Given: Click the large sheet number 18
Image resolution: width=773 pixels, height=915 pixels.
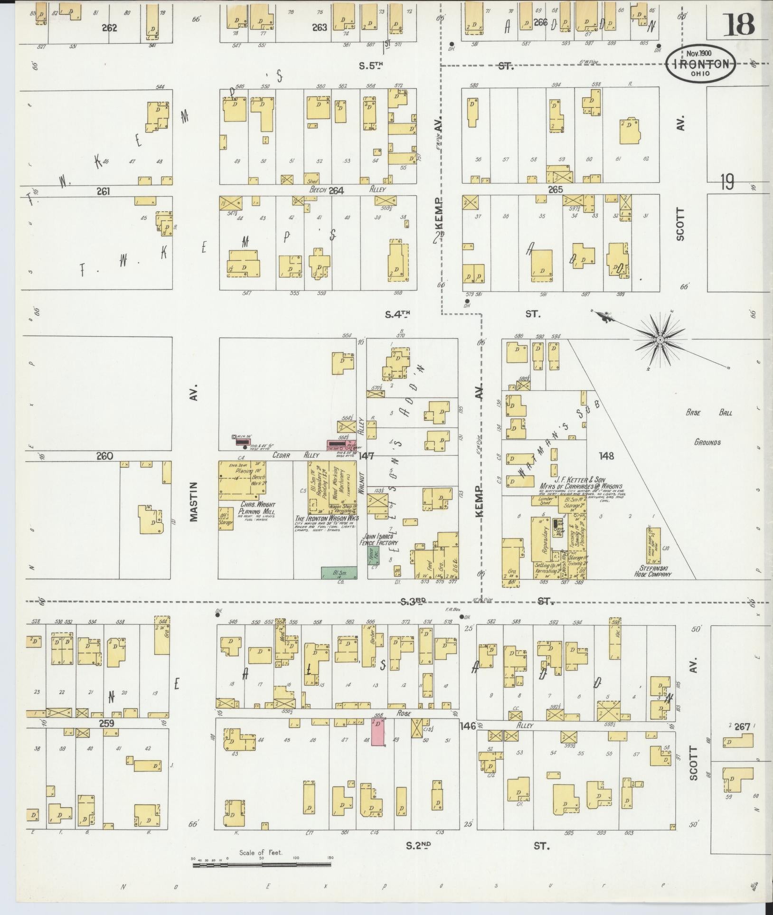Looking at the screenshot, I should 738,25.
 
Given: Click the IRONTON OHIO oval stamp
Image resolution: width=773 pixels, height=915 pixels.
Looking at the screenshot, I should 700,64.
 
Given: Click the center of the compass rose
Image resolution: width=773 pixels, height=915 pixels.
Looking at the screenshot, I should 660,340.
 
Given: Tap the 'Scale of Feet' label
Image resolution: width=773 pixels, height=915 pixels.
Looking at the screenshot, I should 261,852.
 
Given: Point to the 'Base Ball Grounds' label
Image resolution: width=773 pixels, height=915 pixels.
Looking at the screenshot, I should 708,427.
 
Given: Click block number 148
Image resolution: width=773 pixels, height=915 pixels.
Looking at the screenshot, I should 606,456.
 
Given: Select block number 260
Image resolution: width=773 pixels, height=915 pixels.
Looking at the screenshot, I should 104,456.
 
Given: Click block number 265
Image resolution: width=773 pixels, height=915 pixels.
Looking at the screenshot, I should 555,189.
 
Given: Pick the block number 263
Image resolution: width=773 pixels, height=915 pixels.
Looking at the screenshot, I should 320,28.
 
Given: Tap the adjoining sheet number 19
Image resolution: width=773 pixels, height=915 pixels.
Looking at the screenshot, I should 726,181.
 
